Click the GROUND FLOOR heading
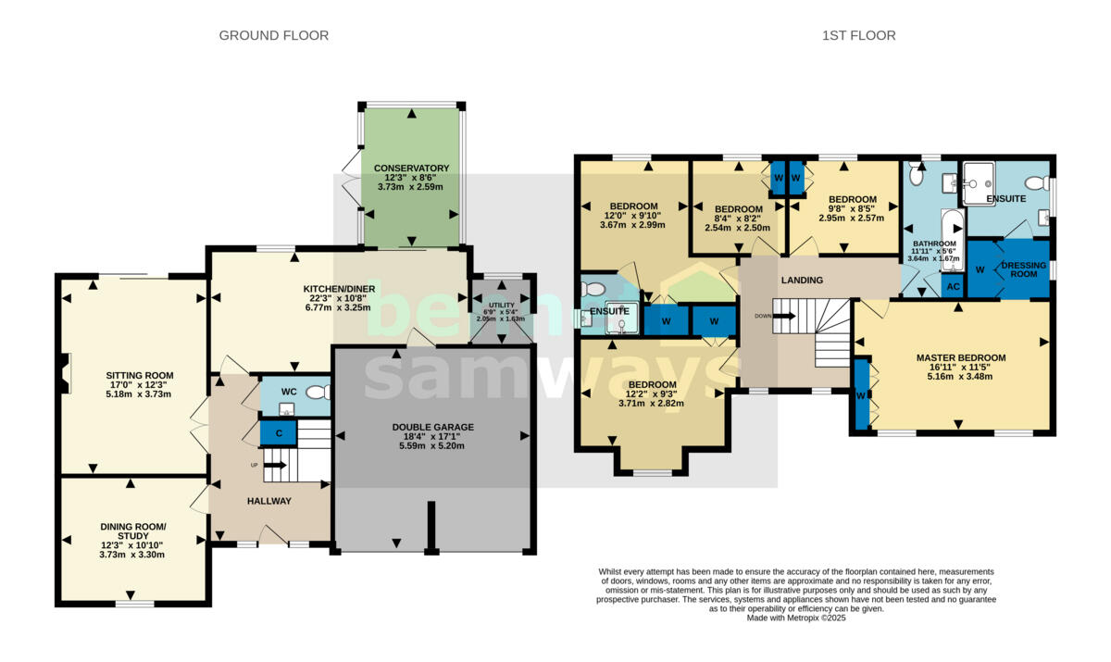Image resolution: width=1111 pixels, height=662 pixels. coord(274,36)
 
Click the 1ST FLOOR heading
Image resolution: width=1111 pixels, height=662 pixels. coord(859,36)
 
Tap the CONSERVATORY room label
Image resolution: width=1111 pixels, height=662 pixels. coord(411,169)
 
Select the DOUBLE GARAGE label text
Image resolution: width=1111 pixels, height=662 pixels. coord(433,427)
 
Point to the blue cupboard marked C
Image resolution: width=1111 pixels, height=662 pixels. coord(279,433)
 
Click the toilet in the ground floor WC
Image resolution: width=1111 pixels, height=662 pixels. coord(318,393)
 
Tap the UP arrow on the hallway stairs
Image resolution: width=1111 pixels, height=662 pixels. coord(275,465)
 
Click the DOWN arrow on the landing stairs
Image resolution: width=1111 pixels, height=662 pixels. coord(784,316)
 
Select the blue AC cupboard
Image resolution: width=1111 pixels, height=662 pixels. coord(953,287)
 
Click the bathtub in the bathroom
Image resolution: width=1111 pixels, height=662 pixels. coord(953,241)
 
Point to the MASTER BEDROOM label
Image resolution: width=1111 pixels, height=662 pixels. coord(961,358)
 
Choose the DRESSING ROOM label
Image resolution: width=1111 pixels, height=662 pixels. coord(1024,269)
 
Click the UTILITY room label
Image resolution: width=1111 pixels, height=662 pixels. coord(502,305)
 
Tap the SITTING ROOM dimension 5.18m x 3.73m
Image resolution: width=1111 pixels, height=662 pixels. coord(138,394)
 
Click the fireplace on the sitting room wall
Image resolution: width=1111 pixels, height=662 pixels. coord(64,373)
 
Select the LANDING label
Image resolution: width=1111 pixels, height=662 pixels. coord(802,281)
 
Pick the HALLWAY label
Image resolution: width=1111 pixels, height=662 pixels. coord(269,501)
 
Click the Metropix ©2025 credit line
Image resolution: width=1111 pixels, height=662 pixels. coord(796,618)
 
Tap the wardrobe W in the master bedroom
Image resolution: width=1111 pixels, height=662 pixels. coord(862,394)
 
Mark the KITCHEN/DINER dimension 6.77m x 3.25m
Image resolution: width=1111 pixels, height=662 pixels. coord(338,307)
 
